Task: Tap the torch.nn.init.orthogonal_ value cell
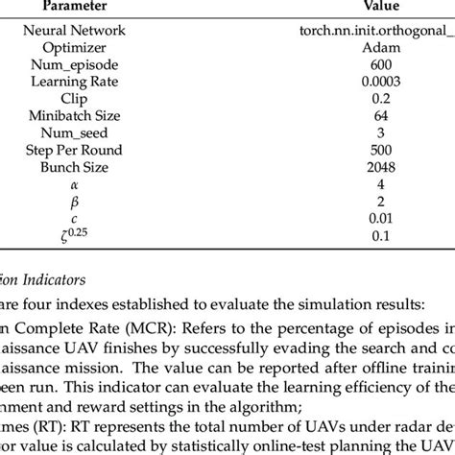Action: pos(375,31)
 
